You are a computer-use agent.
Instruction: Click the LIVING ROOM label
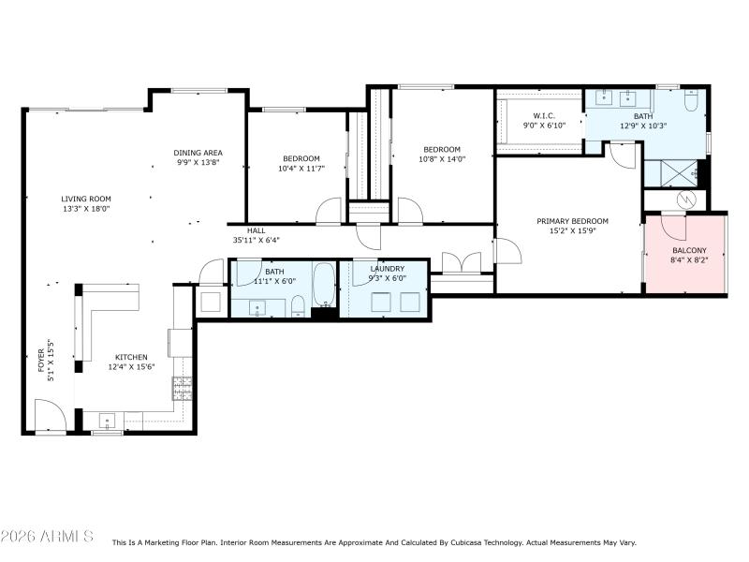86,199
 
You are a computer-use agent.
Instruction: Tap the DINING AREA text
198,153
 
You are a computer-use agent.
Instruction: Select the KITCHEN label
131,357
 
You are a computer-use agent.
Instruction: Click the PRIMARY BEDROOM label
572,221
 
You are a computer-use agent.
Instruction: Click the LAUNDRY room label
387,269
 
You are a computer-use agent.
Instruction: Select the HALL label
257,230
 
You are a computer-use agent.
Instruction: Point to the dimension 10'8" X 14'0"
441,160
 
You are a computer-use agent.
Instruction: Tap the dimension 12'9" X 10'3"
641,126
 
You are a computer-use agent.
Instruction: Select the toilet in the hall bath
297,305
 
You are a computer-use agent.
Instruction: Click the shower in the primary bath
670,173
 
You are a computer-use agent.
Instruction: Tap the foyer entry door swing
49,414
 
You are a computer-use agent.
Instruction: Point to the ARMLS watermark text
47,537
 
